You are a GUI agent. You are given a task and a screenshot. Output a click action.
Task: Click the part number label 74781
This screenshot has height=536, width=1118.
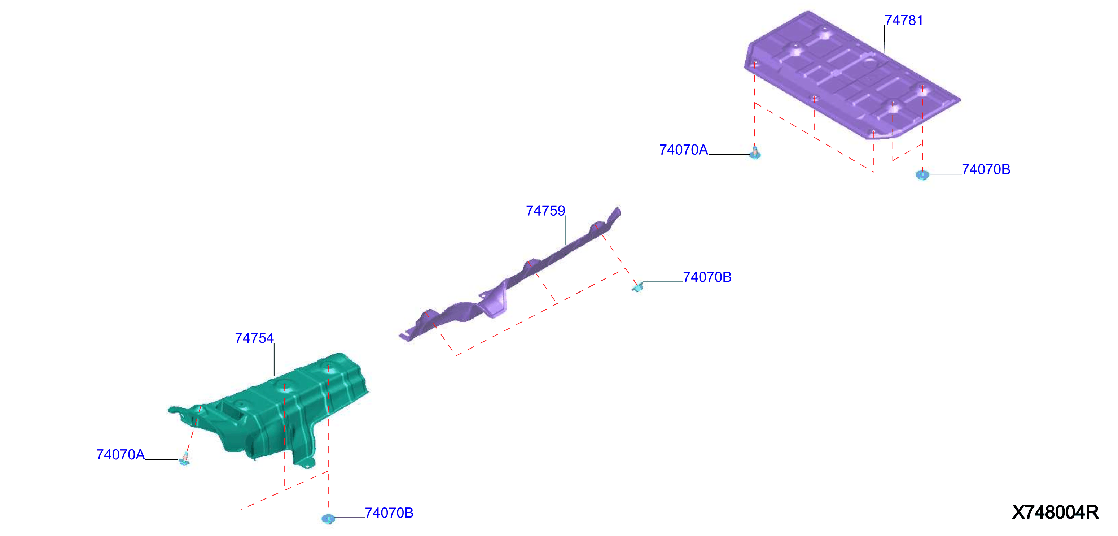pos(904,21)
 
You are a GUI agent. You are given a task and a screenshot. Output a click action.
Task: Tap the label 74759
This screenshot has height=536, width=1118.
pos(545,211)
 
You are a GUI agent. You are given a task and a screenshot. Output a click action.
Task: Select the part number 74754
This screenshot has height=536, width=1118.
pos(254,338)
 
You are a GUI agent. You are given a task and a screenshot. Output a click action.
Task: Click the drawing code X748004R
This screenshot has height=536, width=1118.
pos(1055,512)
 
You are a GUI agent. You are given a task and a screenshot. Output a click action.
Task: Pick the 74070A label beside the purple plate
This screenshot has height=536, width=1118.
pos(684,150)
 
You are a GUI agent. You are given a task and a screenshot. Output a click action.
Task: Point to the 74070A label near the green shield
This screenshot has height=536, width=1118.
pos(120,455)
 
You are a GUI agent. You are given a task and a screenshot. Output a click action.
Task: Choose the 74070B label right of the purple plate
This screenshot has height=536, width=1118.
pos(986,169)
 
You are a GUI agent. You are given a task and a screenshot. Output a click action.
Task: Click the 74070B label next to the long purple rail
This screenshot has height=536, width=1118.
pos(707,277)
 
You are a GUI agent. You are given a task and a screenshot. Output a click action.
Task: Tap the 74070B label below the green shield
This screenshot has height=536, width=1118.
pos(389,513)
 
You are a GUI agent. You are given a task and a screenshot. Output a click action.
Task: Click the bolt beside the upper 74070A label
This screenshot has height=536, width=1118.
pos(755,153)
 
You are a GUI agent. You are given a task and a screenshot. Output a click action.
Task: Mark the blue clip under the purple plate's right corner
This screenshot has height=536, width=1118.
pos(922,174)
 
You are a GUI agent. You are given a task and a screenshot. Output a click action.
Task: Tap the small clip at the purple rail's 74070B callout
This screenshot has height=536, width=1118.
pos(637,287)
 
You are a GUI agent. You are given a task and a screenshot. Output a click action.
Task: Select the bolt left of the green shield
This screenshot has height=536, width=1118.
pos(184,459)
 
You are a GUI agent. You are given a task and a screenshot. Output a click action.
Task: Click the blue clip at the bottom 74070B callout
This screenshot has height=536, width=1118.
pos(328,518)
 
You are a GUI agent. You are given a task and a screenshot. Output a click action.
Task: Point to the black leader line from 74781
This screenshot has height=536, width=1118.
pos(884,39)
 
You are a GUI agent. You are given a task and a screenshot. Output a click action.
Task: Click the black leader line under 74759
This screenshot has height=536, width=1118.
pos(565,231)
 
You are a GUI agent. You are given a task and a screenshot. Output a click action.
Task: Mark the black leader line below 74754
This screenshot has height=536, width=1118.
pos(274,360)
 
